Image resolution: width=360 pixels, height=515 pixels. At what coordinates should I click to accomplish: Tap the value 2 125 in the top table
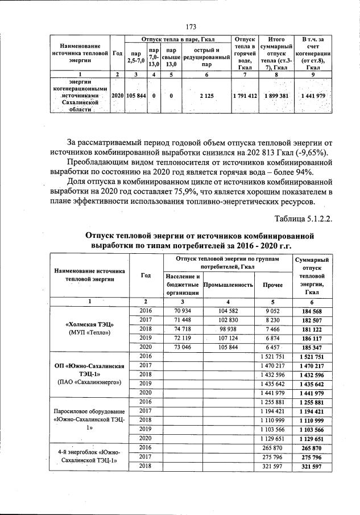point(206,96)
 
